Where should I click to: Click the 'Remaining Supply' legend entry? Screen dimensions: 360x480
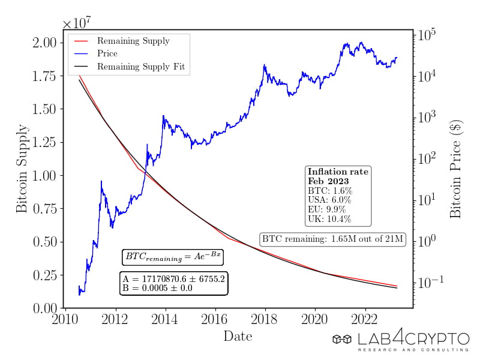click(x=133, y=41)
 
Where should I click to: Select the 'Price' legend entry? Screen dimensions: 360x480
click(x=107, y=54)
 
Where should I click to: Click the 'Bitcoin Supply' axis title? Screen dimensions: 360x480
click(x=22, y=169)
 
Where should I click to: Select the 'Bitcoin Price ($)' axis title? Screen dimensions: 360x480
click(x=457, y=169)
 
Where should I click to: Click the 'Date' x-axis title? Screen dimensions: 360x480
click(x=238, y=336)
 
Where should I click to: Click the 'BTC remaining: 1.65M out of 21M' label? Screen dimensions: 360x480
click(x=333, y=239)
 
